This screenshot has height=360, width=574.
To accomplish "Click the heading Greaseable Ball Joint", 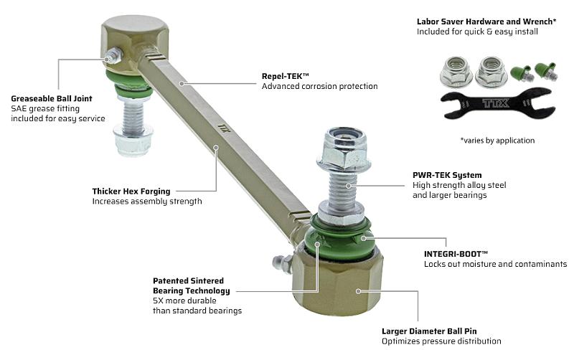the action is click(52, 98).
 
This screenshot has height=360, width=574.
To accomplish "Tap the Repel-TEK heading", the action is click(285, 76).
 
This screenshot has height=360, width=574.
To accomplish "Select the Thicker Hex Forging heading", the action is click(131, 191).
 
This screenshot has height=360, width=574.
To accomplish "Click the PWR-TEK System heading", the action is click(447, 175).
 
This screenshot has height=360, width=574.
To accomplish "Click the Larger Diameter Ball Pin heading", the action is click(429, 331).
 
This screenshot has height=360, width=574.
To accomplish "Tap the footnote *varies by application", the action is click(497, 141).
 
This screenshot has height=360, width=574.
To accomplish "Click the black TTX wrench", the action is click(498, 103).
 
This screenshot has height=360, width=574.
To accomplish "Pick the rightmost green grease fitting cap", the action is click(546, 71).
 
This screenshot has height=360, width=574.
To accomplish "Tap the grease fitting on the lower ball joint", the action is click(282, 263).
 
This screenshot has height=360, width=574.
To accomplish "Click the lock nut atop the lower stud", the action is click(344, 148).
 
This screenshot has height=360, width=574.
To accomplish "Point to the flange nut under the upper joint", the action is click(133, 139).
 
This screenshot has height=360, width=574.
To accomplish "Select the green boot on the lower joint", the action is click(340, 240).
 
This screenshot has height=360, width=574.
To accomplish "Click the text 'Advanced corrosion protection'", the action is click(319, 86).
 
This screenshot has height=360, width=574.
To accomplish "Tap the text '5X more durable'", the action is click(184, 300).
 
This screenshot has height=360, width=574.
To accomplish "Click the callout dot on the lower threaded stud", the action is click(349, 186).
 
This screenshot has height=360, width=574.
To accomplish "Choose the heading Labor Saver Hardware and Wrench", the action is click(486, 22).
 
